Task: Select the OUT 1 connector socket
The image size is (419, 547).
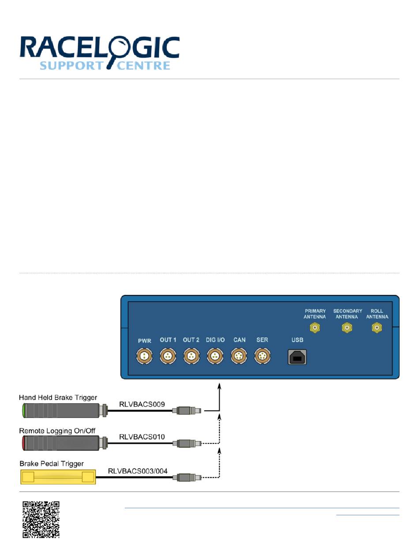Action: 168,356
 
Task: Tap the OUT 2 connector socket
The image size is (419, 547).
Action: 191,356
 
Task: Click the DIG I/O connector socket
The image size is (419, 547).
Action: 215,356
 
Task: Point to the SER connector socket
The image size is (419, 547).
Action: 262,356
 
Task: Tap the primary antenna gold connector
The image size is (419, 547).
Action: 315,328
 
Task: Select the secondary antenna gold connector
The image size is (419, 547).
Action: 348,328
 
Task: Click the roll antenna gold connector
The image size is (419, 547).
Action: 377,328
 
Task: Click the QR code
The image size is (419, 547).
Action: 41,519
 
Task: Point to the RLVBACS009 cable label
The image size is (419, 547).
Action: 142,403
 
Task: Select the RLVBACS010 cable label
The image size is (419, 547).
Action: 142,436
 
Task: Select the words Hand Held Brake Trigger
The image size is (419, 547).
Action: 58,398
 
